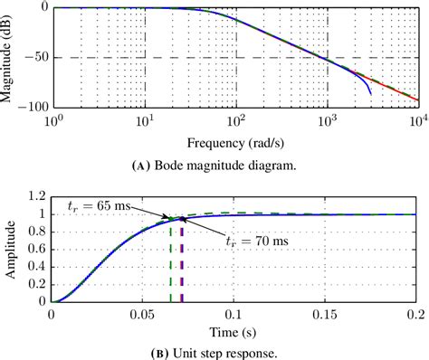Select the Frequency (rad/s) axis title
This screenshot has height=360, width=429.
pyautogui.click(x=236, y=142)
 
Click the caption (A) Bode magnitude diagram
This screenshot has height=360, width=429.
pyautogui.click(x=236, y=165)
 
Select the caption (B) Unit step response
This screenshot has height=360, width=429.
pyautogui.click(x=236, y=351)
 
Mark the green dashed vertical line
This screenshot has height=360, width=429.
pyautogui.click(x=170, y=262)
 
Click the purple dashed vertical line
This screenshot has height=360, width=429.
pyautogui.click(x=182, y=262)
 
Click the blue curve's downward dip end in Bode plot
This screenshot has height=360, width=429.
pyautogui.click(x=371, y=94)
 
